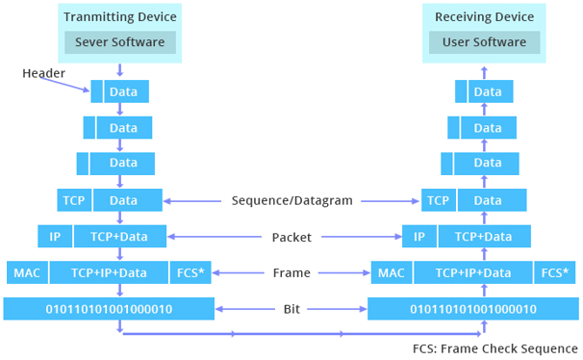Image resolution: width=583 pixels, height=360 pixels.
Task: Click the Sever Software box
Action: (x=120, y=42)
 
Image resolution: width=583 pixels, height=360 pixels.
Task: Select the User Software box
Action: (x=484, y=42)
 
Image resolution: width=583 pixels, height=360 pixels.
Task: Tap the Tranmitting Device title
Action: (x=120, y=17)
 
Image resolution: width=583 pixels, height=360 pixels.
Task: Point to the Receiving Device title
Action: (x=484, y=17)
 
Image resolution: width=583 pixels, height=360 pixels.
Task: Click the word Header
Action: (x=44, y=74)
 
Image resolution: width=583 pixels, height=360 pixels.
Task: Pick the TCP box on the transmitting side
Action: (x=74, y=200)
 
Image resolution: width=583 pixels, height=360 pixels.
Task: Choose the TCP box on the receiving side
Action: (x=438, y=200)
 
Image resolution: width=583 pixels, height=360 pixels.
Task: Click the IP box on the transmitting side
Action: (x=55, y=236)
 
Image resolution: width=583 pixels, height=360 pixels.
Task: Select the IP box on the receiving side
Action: (x=418, y=236)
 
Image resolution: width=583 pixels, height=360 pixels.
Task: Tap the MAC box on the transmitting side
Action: (x=26, y=272)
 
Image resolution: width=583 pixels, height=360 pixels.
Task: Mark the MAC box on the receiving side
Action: (x=391, y=272)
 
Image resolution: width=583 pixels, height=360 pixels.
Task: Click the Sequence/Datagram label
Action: (x=291, y=201)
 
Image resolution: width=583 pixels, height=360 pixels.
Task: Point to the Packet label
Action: (x=291, y=237)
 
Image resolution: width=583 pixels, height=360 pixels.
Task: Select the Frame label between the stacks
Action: (x=291, y=273)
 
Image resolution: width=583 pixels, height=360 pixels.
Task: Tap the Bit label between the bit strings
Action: (x=291, y=309)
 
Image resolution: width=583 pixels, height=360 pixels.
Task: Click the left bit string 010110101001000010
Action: (x=109, y=309)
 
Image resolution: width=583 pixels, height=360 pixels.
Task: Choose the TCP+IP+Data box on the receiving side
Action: (x=472, y=272)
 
